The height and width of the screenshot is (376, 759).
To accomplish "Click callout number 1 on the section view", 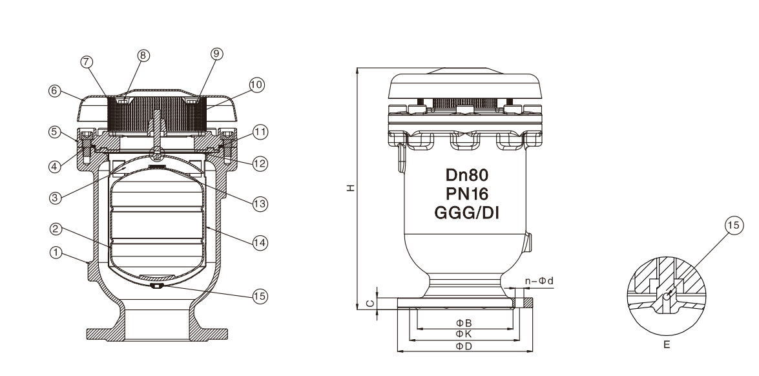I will point(57,254).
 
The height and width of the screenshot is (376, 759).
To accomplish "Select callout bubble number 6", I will point(57,92).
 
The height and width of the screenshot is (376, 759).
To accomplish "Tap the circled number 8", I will point(144,56).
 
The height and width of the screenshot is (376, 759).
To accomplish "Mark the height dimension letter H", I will point(350,188).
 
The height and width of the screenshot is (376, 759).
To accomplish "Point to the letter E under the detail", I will point(669,345).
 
